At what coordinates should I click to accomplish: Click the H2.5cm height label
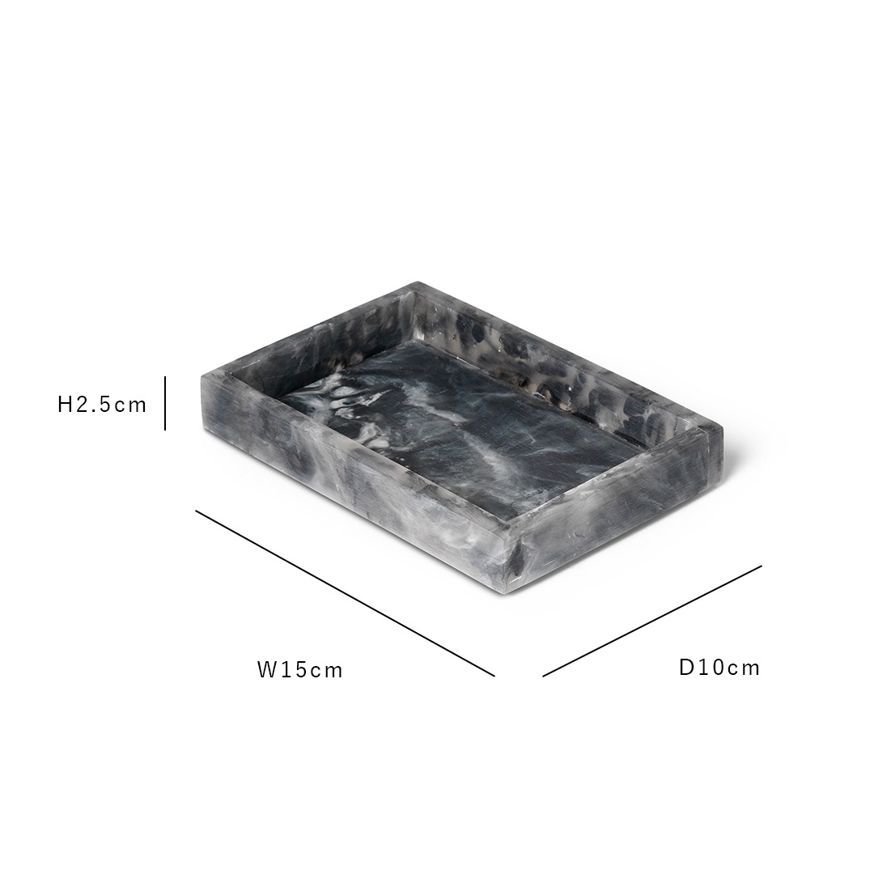coord(102,405)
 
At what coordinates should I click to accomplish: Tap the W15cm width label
coord(300,670)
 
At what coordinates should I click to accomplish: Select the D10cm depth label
coord(719,668)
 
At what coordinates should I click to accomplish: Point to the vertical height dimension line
coord(165,403)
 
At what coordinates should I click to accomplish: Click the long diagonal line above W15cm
coord(345,592)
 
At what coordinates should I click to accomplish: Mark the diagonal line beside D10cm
coord(652,621)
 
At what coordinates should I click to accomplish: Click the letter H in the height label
coord(66,405)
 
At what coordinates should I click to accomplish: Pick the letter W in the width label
coord(267,670)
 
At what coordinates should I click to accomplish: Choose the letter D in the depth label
coord(686,668)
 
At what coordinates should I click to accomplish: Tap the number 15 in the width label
coord(293,670)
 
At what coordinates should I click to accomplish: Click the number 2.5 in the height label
coord(95,405)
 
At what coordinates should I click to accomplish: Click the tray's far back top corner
coord(418,285)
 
